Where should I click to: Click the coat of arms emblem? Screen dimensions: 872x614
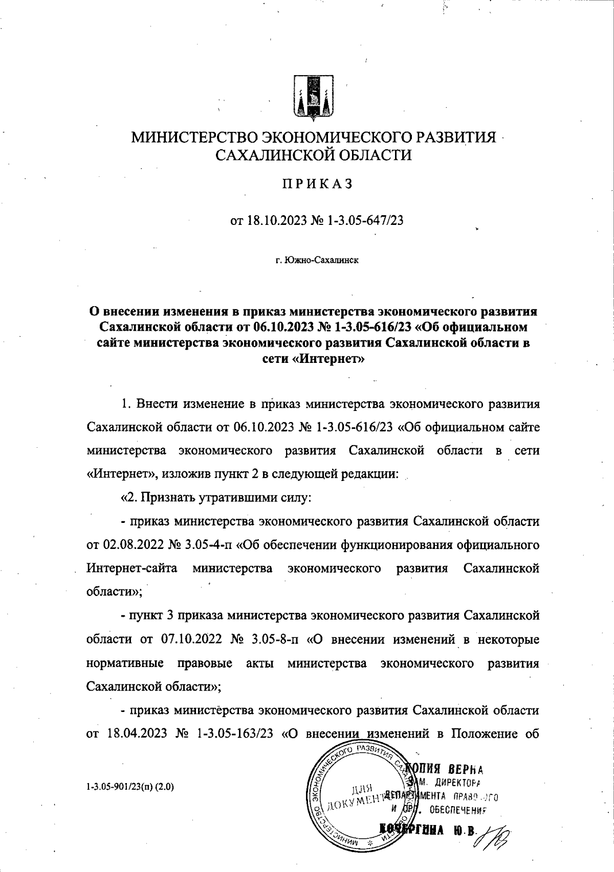click(x=314, y=99)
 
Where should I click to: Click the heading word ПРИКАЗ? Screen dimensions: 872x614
click(x=314, y=185)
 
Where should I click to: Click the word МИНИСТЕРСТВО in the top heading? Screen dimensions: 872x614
click(x=195, y=139)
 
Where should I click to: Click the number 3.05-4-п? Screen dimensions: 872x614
click(x=206, y=544)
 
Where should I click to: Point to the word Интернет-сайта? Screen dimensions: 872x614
click(x=132, y=568)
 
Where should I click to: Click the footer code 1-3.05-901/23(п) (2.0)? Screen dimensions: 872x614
click(x=130, y=788)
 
